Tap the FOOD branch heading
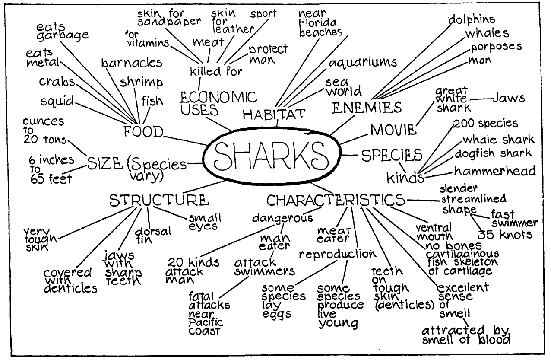click(144, 131)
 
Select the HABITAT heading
click(274, 114)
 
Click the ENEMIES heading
click(367, 107)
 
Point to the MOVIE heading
click(393, 129)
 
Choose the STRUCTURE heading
click(159, 200)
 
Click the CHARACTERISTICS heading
click(336, 200)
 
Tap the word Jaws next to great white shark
click(509, 99)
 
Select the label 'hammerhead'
click(494, 171)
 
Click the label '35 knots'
click(504, 235)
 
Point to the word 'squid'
click(57, 101)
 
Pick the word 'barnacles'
click(132, 63)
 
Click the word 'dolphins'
click(471, 19)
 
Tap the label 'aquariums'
click(362, 63)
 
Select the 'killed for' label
click(216, 71)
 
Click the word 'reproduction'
click(337, 254)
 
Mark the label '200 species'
click(485, 123)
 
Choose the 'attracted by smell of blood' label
click(466, 335)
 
